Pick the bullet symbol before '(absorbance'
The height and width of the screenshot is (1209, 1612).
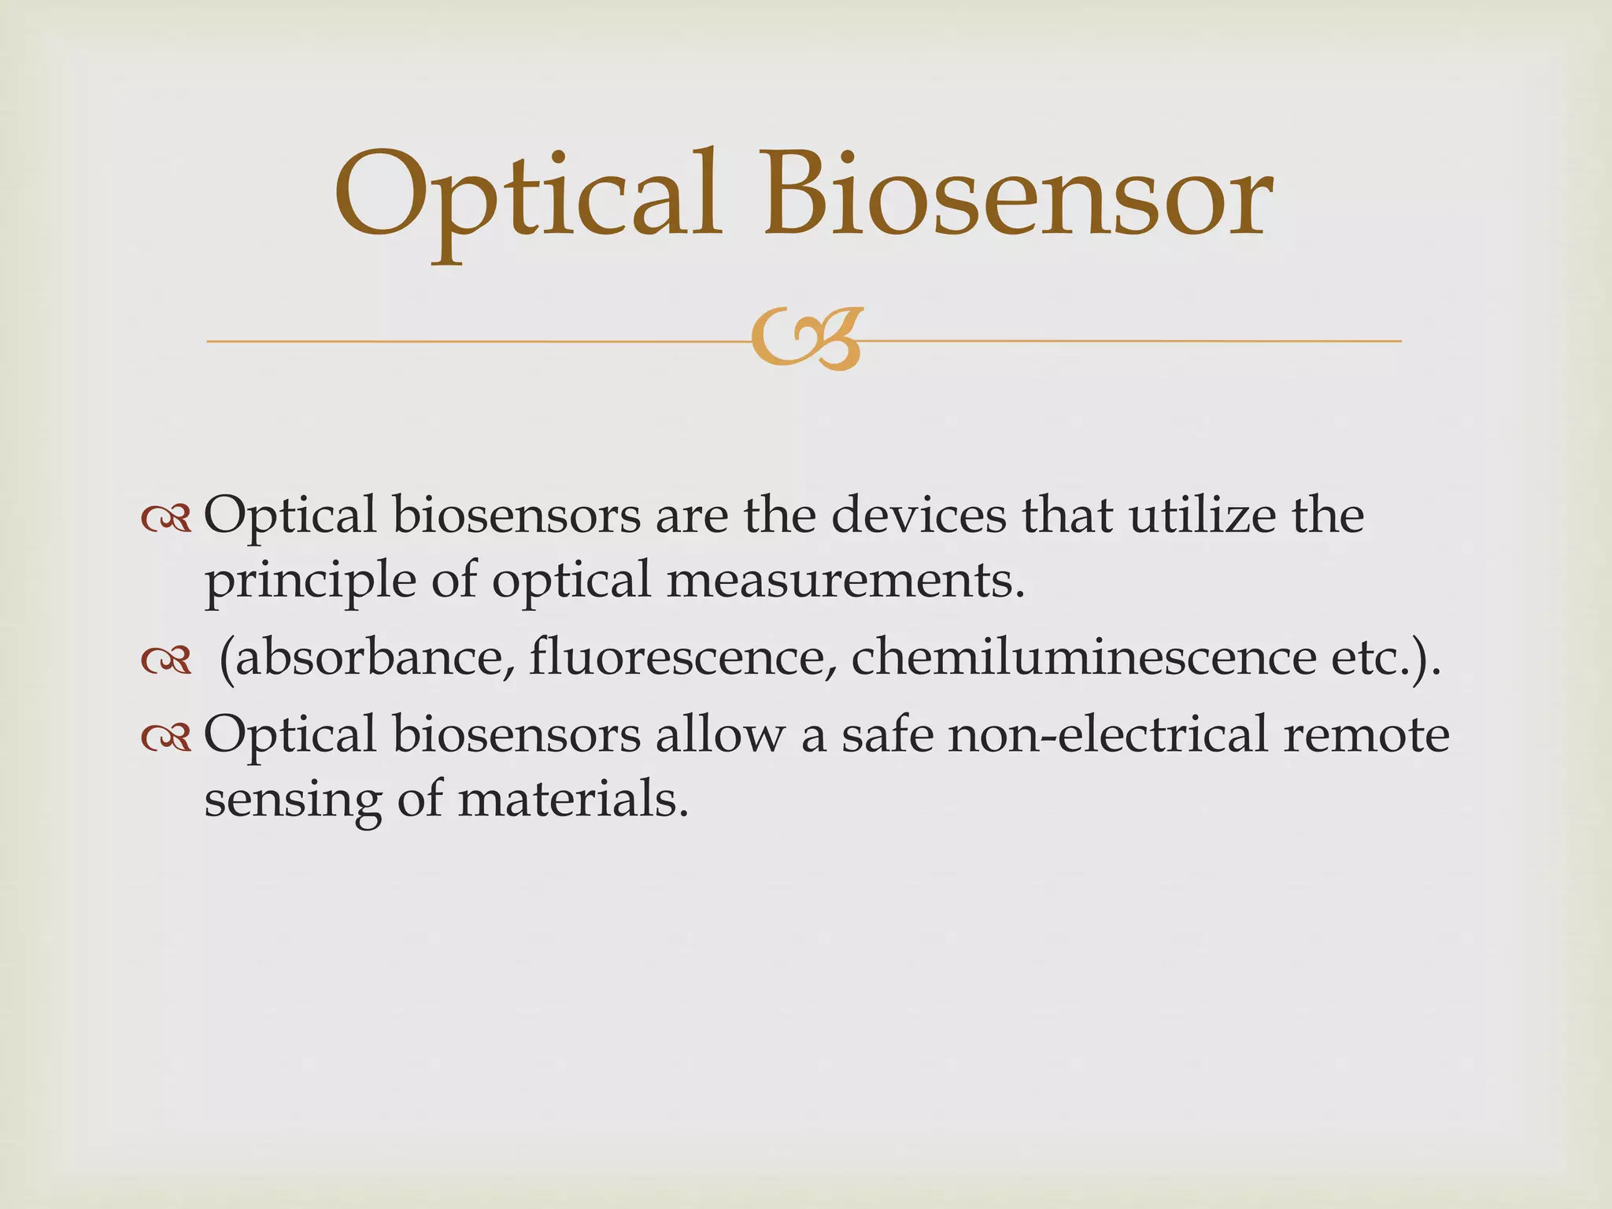tap(166, 661)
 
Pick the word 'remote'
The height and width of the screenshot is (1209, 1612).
tap(1366, 735)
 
